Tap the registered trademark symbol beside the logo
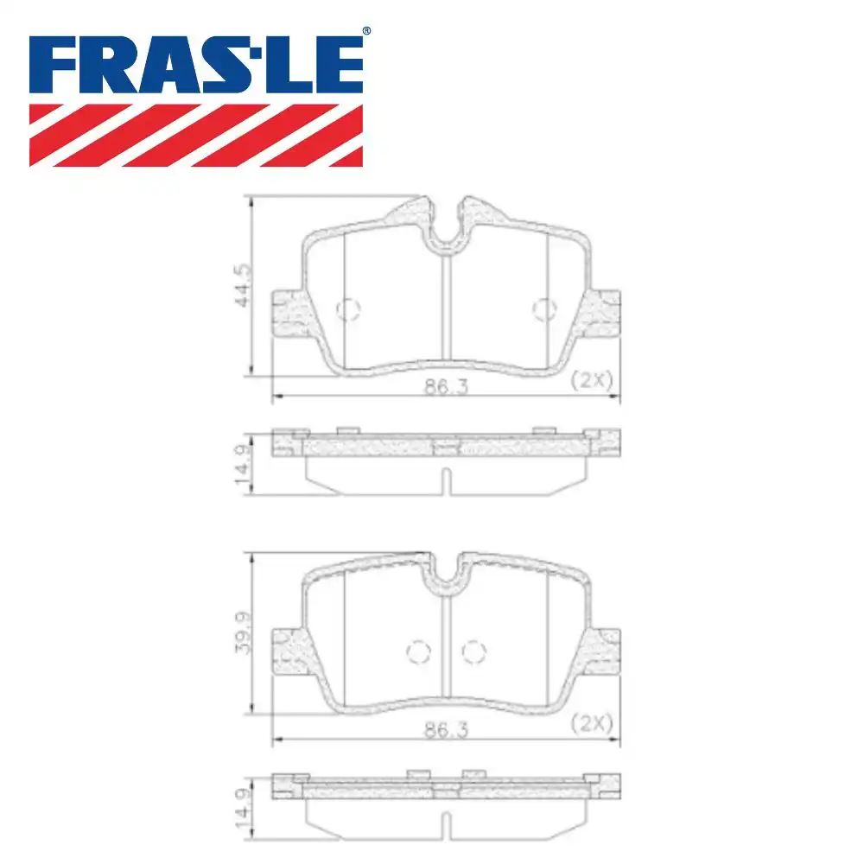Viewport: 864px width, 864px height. point(366,31)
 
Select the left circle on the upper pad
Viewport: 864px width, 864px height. point(347,309)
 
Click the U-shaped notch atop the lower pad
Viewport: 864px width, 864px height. point(446,574)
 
